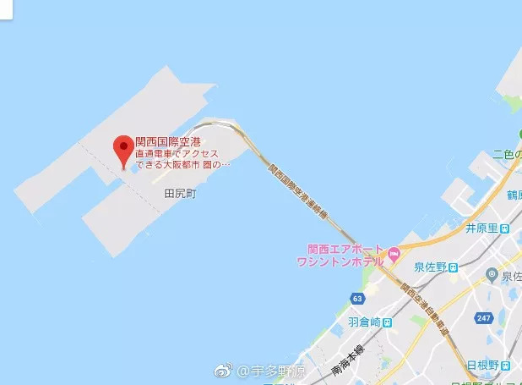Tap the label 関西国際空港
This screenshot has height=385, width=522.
172,141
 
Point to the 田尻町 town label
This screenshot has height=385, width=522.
179,193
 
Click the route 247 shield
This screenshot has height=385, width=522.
483,317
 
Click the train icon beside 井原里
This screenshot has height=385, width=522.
504,228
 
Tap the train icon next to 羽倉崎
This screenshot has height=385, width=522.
387,323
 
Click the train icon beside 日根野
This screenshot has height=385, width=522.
504,366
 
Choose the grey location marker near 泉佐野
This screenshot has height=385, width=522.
492,273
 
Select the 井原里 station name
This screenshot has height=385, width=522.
482,228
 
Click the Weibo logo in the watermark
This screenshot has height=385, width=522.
223,371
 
